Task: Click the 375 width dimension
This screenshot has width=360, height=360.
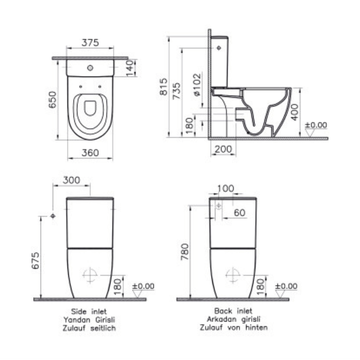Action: tap(90, 42)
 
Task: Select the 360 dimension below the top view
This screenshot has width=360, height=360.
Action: tap(90, 153)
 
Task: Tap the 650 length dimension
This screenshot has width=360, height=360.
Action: tap(53, 100)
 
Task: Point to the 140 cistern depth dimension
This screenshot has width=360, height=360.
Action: tap(130, 68)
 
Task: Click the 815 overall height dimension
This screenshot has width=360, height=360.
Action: tap(164, 86)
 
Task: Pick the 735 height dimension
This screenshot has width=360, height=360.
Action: tap(177, 91)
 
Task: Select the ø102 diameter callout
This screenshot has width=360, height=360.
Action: tap(197, 85)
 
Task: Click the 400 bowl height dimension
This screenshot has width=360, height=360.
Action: tap(295, 112)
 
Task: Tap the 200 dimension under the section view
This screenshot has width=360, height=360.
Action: tap(223, 149)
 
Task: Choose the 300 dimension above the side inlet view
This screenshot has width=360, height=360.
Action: tap(71, 180)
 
